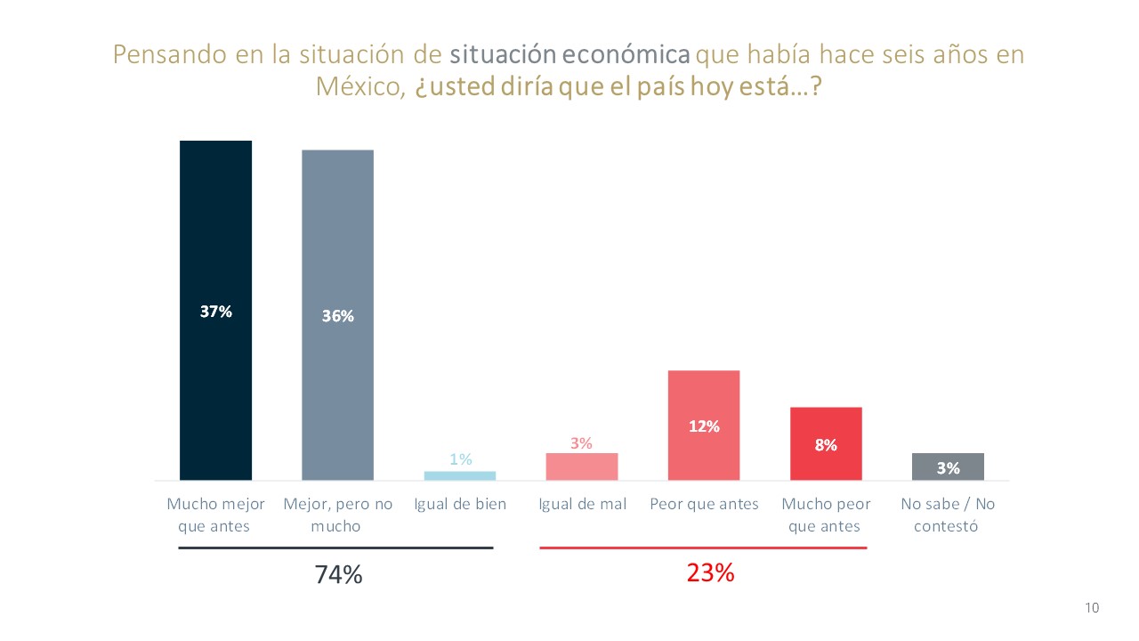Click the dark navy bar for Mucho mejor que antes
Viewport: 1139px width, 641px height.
215,267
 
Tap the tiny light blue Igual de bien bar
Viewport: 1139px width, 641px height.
460,475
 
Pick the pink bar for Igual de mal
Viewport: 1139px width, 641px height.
582,467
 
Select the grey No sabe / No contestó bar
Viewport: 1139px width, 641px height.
948,467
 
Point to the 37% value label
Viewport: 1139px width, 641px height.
215,312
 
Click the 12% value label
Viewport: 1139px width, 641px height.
704,426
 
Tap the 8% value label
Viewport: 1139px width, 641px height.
826,445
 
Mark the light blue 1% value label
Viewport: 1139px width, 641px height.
460,459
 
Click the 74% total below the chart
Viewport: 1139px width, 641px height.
338,575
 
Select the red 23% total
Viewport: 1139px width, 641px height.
710,572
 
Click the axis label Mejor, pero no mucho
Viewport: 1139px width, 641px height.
337,515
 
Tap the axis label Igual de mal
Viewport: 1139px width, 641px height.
582,504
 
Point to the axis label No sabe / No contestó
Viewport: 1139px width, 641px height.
948,515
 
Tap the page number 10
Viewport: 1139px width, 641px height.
1092,608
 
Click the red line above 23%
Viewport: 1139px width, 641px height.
703,548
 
